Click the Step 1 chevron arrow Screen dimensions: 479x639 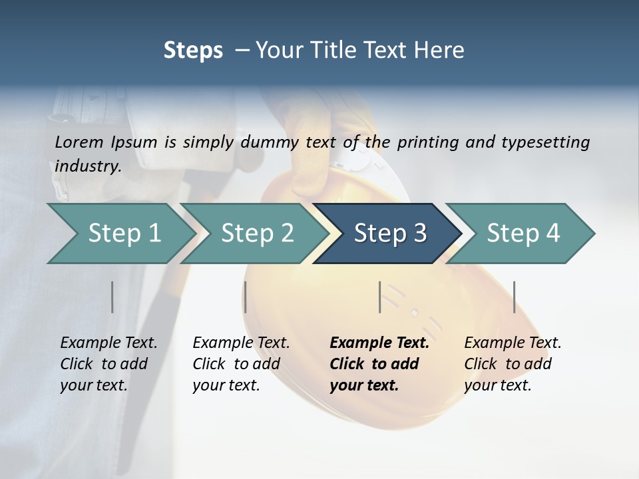tap(124, 233)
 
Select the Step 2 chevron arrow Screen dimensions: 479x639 tap(257, 233)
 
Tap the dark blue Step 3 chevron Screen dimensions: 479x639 tap(390, 233)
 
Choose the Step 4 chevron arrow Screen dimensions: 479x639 tap(523, 233)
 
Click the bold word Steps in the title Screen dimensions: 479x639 tap(193, 50)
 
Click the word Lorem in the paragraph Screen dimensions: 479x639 tap(79, 142)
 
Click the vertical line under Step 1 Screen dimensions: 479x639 tap(112, 297)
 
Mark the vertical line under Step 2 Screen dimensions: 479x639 tap(246, 297)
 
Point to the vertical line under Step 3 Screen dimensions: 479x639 tap(380, 297)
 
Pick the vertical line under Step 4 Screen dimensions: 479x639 tap(515, 297)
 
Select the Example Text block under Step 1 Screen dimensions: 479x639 tap(108, 364)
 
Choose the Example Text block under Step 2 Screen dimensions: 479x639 tap(241, 364)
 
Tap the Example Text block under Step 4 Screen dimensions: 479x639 tap(513, 364)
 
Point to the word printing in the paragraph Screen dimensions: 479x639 tap(428, 142)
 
